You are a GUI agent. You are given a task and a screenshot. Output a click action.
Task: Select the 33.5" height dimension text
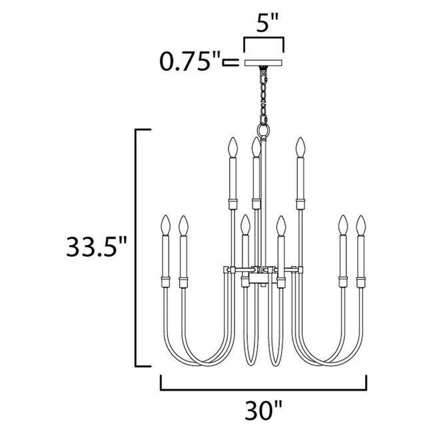point(95,247)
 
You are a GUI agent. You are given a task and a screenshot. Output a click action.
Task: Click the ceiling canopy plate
point(264,63)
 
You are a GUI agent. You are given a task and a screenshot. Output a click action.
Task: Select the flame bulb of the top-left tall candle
point(232,147)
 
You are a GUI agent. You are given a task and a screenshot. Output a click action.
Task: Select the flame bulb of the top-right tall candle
point(300,147)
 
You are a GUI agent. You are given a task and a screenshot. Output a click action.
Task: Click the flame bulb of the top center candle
point(254,147)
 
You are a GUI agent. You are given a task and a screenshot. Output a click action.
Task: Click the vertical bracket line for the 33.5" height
point(137,247)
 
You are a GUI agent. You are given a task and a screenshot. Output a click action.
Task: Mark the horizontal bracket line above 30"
point(264,388)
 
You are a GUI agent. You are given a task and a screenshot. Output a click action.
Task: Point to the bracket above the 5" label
point(264,41)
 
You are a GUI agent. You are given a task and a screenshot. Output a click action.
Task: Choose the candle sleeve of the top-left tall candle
point(232,180)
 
